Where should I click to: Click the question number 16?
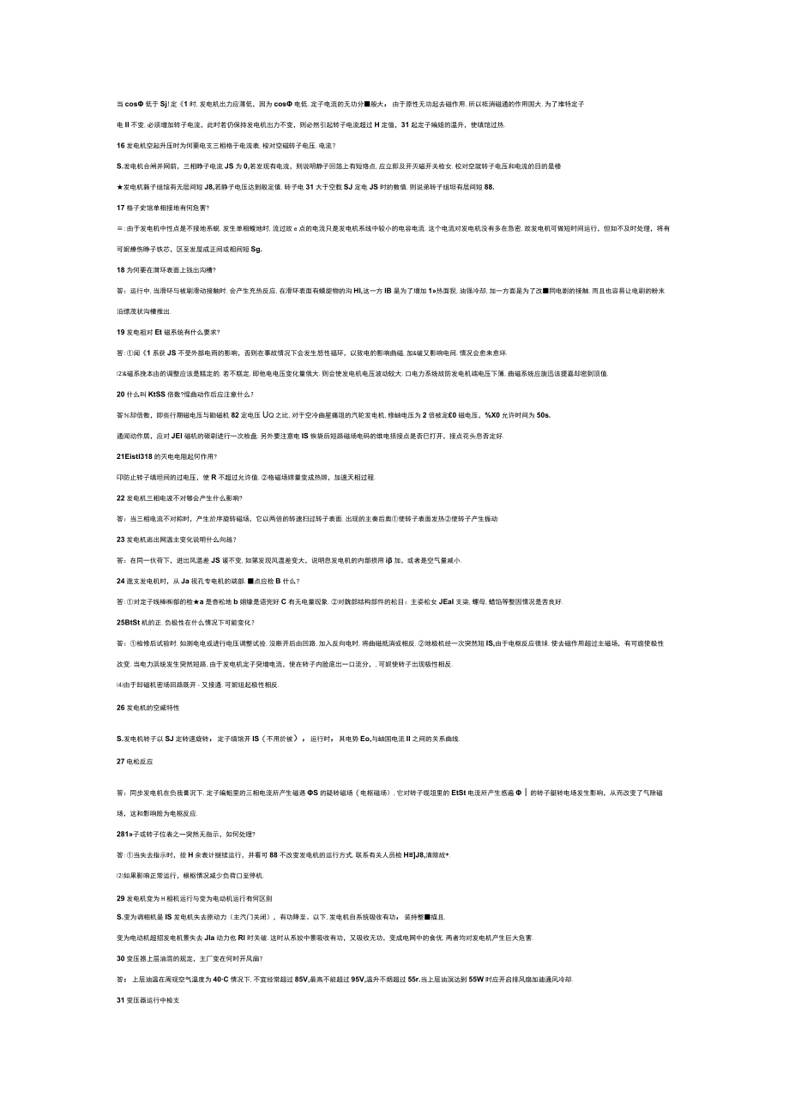(120, 146)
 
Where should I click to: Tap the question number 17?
(120, 208)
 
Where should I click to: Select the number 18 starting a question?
(120, 269)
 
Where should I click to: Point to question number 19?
(120, 332)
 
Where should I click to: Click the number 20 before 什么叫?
(120, 394)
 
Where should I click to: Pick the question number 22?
(120, 498)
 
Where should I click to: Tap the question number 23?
(120, 539)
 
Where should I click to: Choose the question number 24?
(120, 581)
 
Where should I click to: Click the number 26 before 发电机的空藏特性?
(120, 708)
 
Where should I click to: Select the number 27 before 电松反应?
(120, 760)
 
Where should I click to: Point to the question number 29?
(120, 897)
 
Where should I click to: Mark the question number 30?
(120, 958)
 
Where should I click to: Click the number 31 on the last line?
(120, 1000)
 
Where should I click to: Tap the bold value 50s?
(544, 415)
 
